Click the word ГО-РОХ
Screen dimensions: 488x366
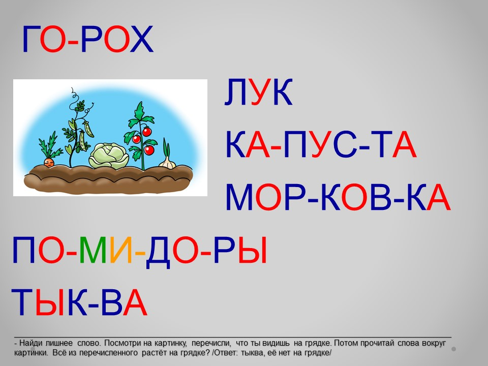[88, 39]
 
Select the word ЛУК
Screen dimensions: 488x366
[259, 92]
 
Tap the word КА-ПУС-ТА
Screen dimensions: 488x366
[321, 145]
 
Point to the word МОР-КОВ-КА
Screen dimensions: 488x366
[338, 198]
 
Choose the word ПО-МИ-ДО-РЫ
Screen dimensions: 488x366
[139, 251]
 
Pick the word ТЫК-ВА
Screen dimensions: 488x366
[79, 302]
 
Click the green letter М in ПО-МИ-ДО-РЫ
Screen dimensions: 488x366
[93, 250]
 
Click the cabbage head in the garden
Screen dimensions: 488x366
[109, 156]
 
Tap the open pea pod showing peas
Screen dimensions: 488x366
[88, 129]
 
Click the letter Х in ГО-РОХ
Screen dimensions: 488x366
[142, 39]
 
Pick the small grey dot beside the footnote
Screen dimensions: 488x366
[454, 349]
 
